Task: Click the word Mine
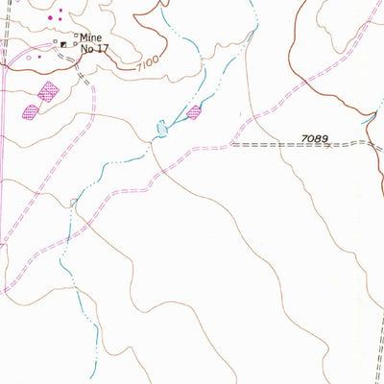point(90,37)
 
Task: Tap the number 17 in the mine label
point(101,47)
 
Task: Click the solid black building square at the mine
point(64,43)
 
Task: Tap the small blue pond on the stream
point(161,126)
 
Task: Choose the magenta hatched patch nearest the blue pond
point(195,112)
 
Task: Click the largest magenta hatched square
point(48,91)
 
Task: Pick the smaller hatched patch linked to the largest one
point(31,110)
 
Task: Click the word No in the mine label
point(86,47)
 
